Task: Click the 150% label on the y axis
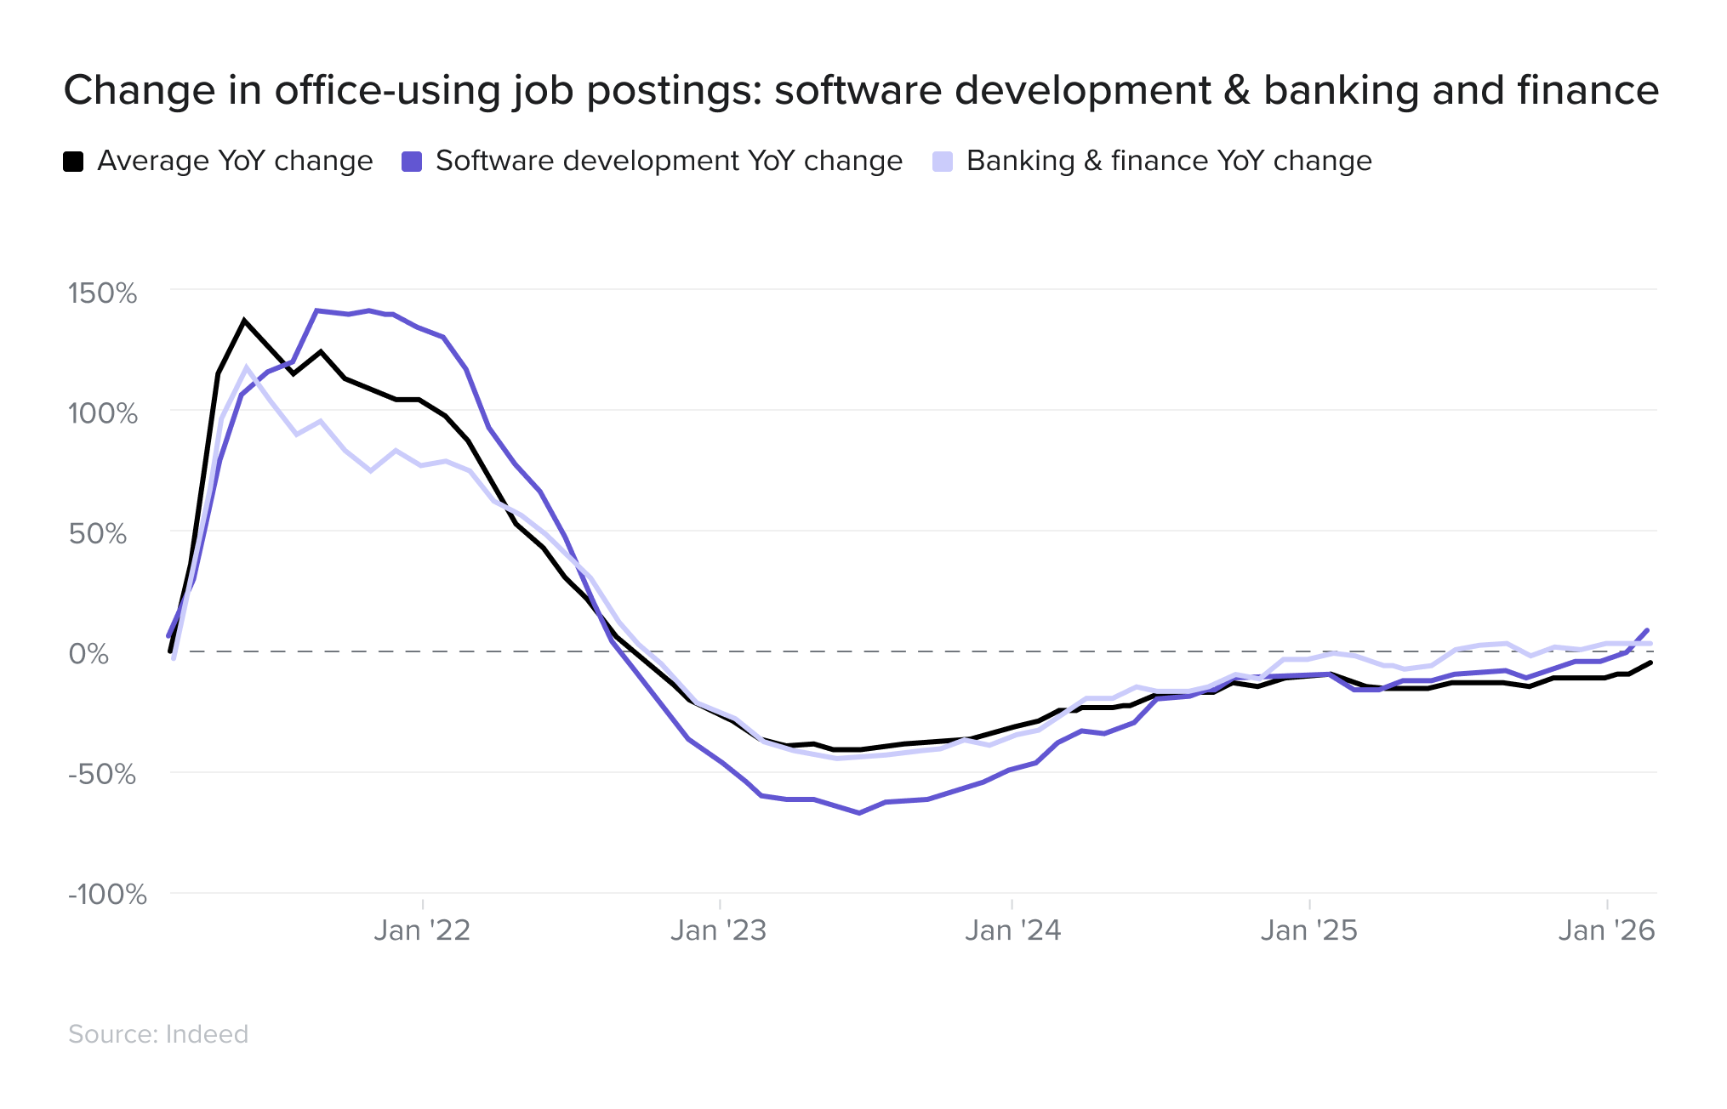102,293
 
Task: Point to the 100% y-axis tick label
102,414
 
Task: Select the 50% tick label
97,534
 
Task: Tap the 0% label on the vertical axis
88,654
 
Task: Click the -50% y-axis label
102,775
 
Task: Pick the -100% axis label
107,895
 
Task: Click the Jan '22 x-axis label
422,930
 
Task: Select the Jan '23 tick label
719,930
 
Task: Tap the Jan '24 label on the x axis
1012,930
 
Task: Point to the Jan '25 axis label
1308,930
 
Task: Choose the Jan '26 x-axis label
1606,930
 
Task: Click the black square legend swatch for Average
73,162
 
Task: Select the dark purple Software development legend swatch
412,162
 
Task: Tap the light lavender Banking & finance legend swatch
943,162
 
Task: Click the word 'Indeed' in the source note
207,1034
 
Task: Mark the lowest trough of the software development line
859,813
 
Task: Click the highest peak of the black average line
244,321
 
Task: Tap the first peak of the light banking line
248,368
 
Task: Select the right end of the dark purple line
1648,631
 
